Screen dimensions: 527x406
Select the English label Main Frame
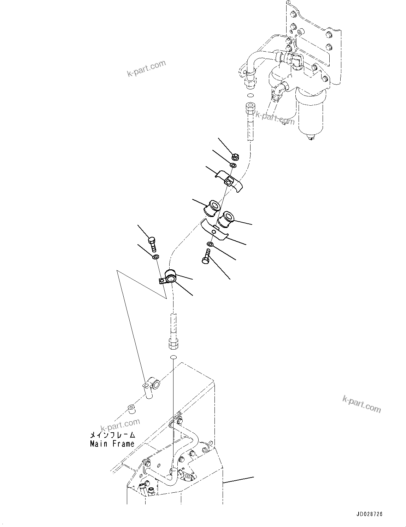(112, 444)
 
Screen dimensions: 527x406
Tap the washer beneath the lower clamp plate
(210, 245)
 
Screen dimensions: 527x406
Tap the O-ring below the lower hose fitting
(173, 357)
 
